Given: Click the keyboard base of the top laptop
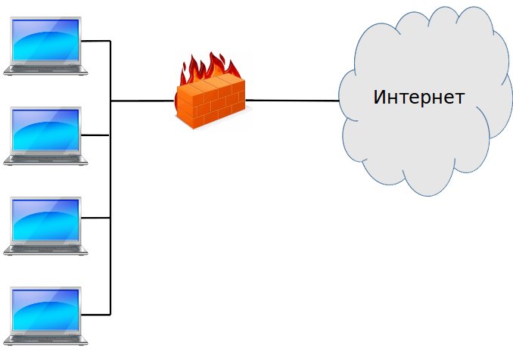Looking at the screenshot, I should pyautogui.click(x=45, y=70).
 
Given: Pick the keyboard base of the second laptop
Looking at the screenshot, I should pyautogui.click(x=45, y=159).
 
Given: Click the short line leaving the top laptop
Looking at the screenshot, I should pyautogui.click(x=96, y=41).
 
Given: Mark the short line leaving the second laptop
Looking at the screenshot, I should pyautogui.click(x=96, y=135).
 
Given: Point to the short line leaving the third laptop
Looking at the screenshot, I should pyautogui.click(x=96, y=218).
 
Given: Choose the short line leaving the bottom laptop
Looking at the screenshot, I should pyautogui.click(x=96, y=313).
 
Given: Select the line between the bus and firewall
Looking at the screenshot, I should pyautogui.click(x=142, y=100).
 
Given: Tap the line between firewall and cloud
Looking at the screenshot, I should pyautogui.click(x=291, y=100).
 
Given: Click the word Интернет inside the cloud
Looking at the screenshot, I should pyautogui.click(x=418, y=98).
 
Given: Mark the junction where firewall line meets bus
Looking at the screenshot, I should pyautogui.click(x=111, y=100).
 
